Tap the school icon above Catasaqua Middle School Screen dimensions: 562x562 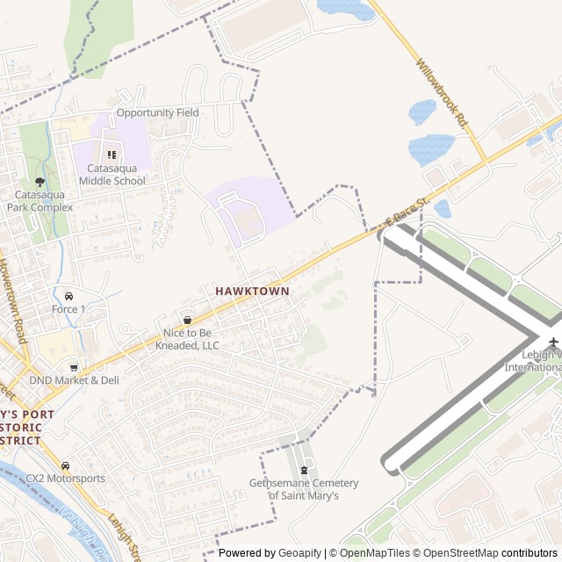[x=112, y=155]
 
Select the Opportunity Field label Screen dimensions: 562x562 [x=157, y=112]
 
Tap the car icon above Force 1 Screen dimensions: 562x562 [x=68, y=295]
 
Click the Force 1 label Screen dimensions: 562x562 [x=68, y=309]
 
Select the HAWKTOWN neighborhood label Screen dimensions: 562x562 [x=252, y=289]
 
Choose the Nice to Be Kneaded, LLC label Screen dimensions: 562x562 [x=191, y=339]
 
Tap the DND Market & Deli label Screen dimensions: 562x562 [x=74, y=380]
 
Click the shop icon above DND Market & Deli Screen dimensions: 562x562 [x=74, y=367]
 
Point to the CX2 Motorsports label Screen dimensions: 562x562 [x=65, y=479]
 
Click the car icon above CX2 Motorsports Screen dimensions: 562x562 [x=65, y=465]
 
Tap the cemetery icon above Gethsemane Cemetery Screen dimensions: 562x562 [x=304, y=470]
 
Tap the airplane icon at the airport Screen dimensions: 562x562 [x=553, y=342]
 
